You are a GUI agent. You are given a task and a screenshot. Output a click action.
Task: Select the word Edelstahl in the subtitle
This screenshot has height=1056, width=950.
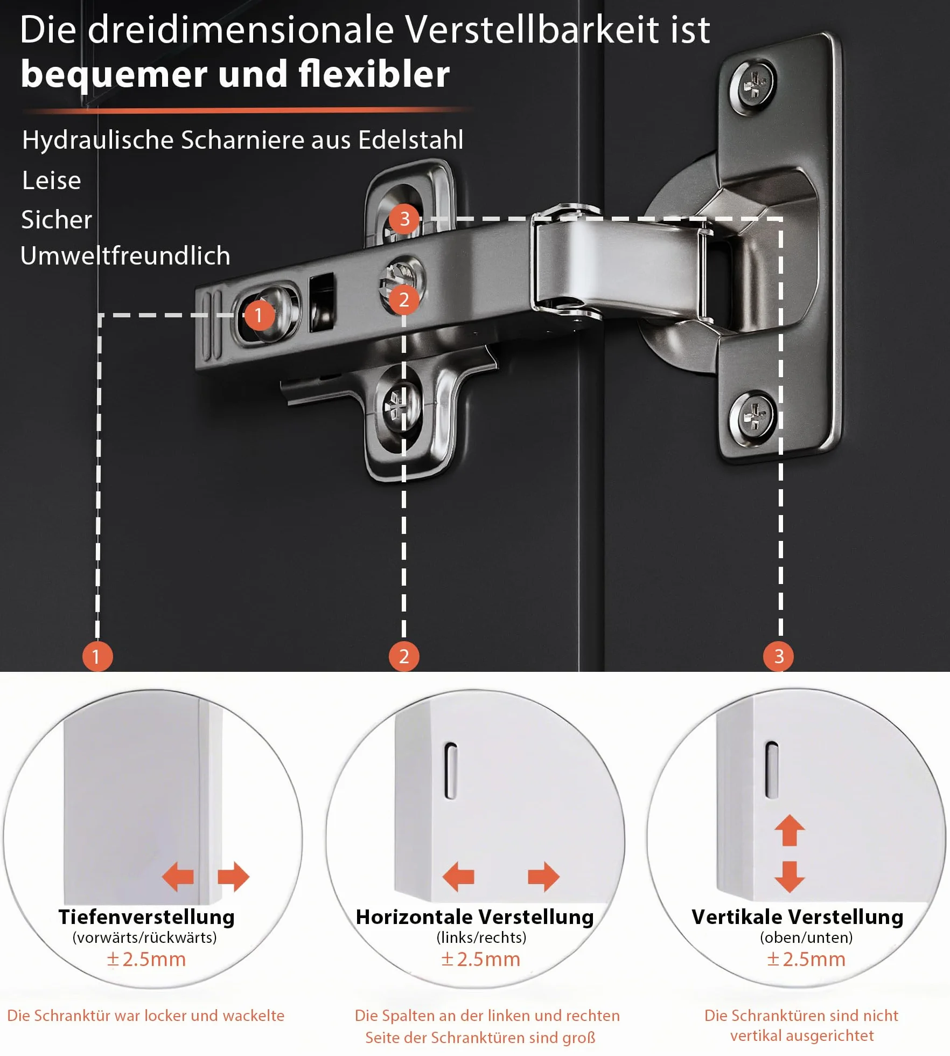pos(410,140)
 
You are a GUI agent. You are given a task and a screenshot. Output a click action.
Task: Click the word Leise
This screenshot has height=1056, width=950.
pos(51,180)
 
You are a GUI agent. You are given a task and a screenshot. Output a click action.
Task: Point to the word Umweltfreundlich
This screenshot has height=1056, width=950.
pos(125,255)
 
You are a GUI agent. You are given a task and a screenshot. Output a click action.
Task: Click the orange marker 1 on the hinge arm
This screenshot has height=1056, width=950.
pos(259,315)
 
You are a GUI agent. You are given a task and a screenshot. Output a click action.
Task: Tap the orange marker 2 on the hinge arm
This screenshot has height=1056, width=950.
pos(404,300)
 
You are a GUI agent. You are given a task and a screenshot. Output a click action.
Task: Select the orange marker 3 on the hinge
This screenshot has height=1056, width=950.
pos(404,219)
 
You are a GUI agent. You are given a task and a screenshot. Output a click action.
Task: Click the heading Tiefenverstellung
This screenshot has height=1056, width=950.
pos(146,916)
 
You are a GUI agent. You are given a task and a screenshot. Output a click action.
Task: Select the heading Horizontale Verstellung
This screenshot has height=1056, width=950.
pos(475,916)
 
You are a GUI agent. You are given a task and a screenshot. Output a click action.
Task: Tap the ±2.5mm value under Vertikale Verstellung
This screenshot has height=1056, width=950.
pos(806,959)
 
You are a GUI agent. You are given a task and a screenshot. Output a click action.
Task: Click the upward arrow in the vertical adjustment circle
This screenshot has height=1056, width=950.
pos(790,830)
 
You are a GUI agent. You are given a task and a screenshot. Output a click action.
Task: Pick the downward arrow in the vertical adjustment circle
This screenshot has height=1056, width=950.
pos(790,877)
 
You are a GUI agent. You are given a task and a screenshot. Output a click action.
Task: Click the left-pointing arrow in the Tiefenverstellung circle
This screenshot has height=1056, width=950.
pos(178,877)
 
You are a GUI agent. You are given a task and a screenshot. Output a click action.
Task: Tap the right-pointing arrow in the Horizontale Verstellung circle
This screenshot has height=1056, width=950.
pos(544,877)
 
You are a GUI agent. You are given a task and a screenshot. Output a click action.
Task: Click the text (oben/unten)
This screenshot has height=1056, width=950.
pos(806,937)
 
